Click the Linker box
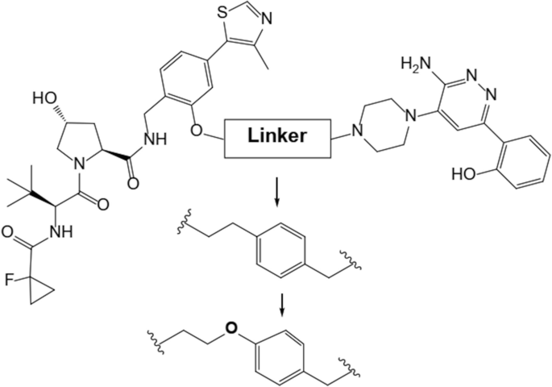click(277, 136)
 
